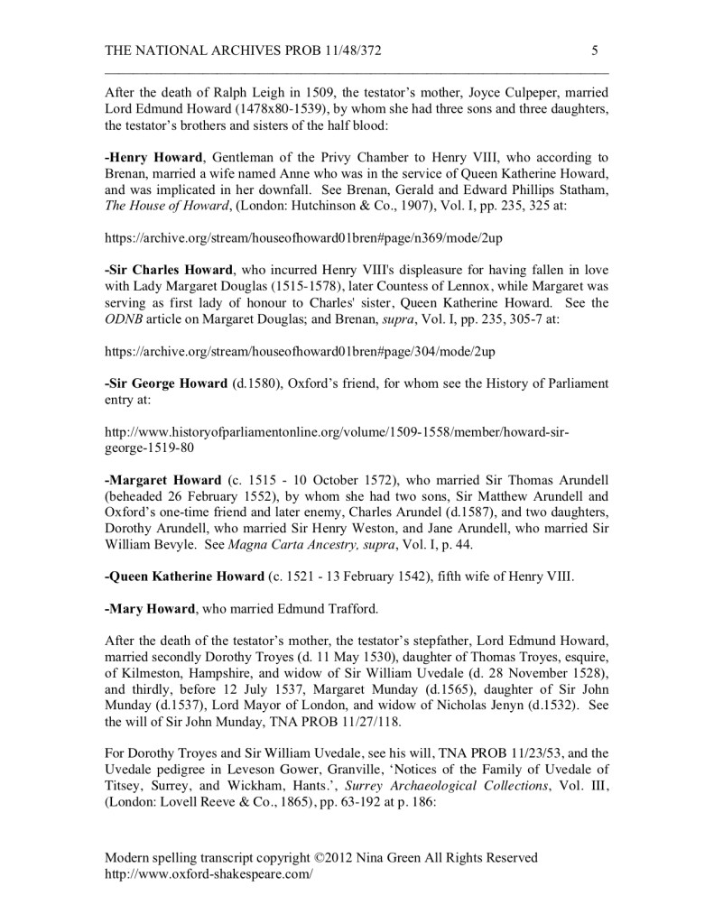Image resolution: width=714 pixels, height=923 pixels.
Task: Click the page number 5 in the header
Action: (x=595, y=51)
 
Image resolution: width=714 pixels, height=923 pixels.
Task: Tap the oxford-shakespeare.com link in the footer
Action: (x=209, y=874)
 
